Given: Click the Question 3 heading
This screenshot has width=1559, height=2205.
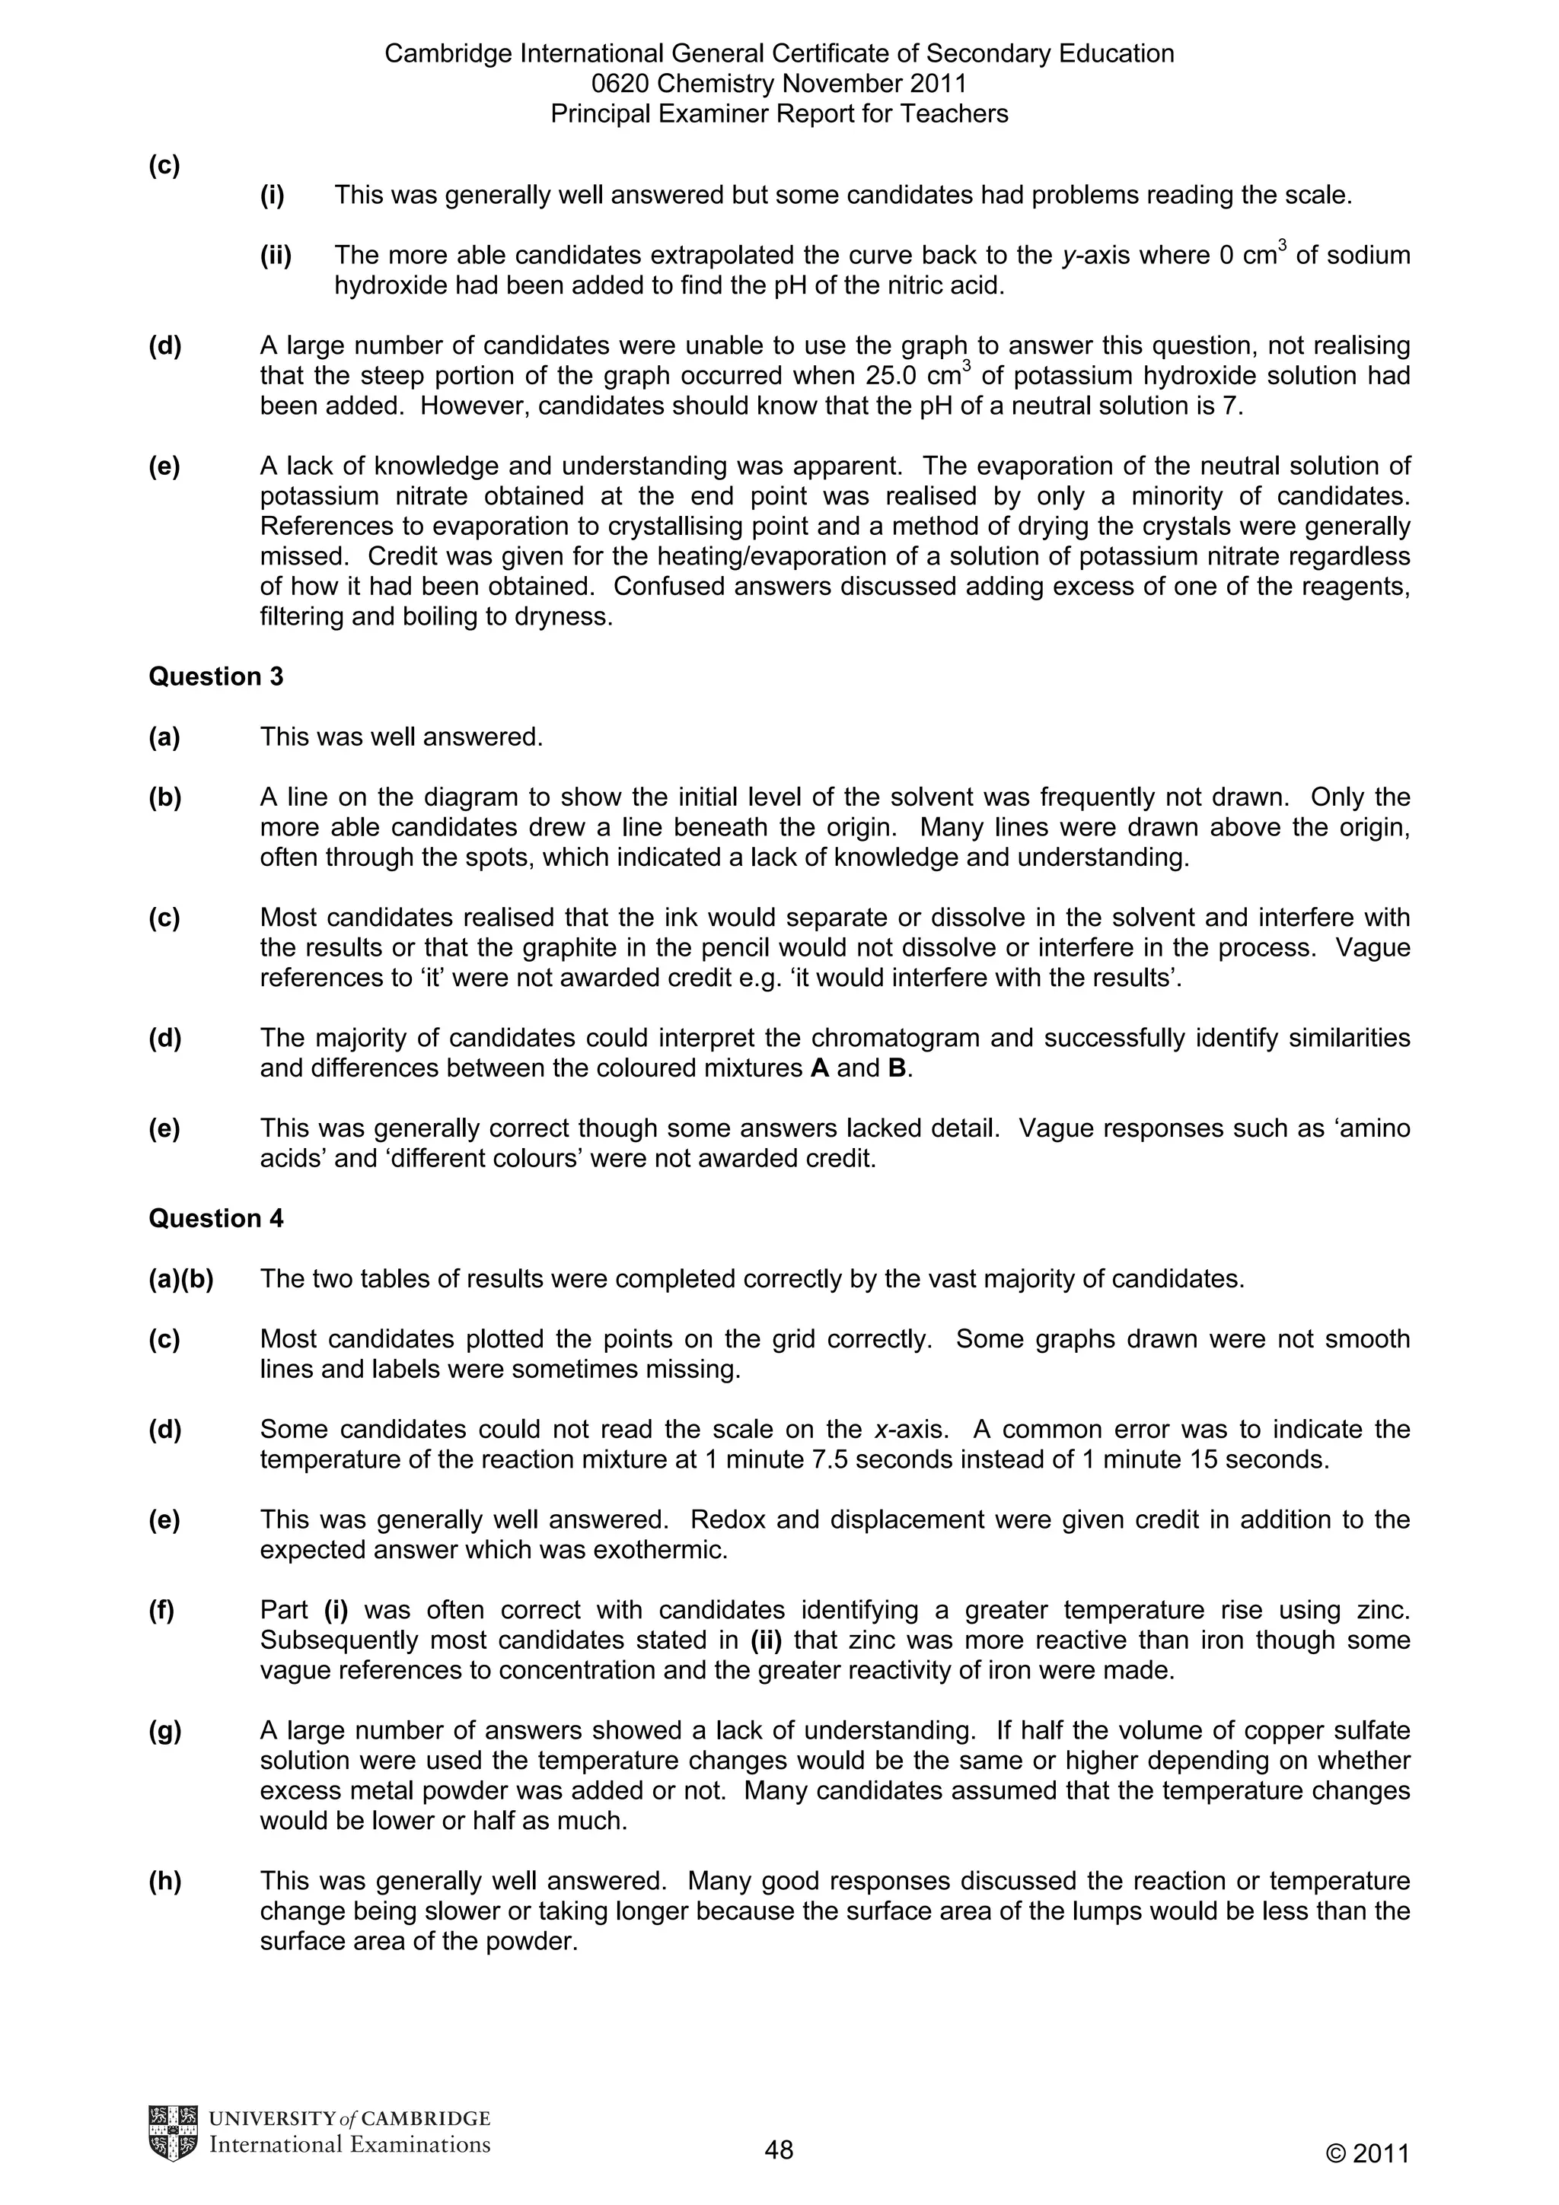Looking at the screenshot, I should click(x=215, y=677).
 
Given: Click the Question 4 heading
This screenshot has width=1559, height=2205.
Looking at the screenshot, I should click(x=215, y=1219).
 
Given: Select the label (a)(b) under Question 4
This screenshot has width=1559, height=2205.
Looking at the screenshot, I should click(x=180, y=1279).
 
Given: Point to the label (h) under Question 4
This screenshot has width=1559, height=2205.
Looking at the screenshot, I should click(x=164, y=1882).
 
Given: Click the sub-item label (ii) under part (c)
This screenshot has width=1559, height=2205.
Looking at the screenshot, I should click(x=276, y=256).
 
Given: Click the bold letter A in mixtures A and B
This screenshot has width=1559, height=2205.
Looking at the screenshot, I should click(x=819, y=1069).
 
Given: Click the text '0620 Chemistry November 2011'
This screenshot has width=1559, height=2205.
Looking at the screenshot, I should click(x=779, y=84).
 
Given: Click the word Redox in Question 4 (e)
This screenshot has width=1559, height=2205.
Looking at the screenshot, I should click(x=723, y=1520).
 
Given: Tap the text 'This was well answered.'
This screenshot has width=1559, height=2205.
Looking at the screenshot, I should click(x=401, y=737).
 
